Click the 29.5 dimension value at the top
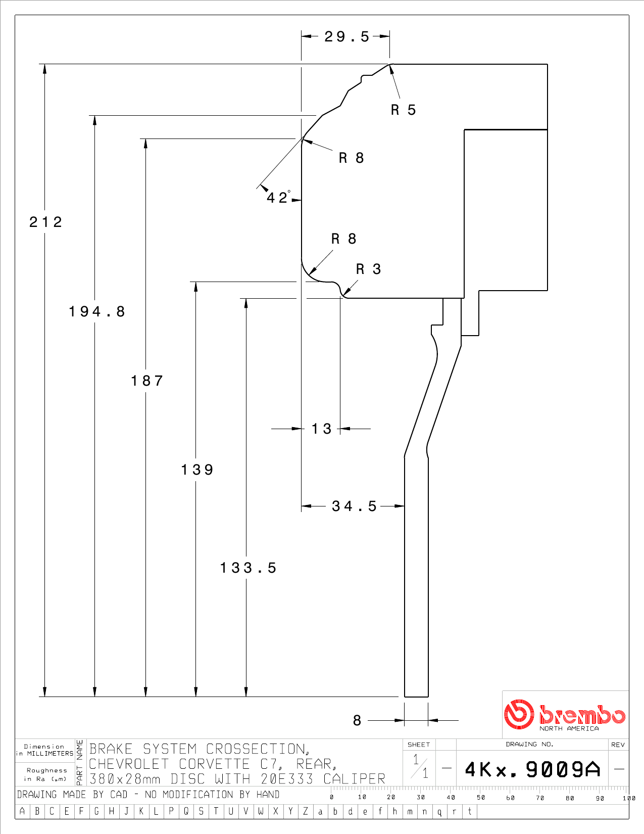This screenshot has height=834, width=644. (346, 37)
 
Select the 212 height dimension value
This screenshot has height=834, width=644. (45, 222)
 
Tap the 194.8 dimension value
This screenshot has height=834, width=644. (97, 311)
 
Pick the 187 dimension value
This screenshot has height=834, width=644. (147, 381)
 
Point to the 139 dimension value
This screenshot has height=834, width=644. (197, 470)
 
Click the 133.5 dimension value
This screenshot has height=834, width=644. (248, 568)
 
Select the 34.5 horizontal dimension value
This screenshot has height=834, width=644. (354, 506)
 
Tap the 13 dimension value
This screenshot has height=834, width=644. (321, 429)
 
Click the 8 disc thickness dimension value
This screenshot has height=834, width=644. (357, 720)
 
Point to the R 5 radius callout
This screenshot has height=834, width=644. (403, 110)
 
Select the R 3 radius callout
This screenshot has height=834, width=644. (368, 269)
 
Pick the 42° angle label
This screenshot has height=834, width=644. (278, 197)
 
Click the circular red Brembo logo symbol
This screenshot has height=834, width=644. (519, 714)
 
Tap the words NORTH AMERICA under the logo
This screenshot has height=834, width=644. (569, 728)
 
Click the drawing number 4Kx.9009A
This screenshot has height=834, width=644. (532, 769)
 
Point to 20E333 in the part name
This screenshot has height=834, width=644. (287, 779)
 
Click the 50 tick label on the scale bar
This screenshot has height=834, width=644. (481, 797)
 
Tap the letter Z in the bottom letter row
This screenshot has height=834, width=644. (305, 811)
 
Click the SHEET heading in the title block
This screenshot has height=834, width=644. (418, 745)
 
